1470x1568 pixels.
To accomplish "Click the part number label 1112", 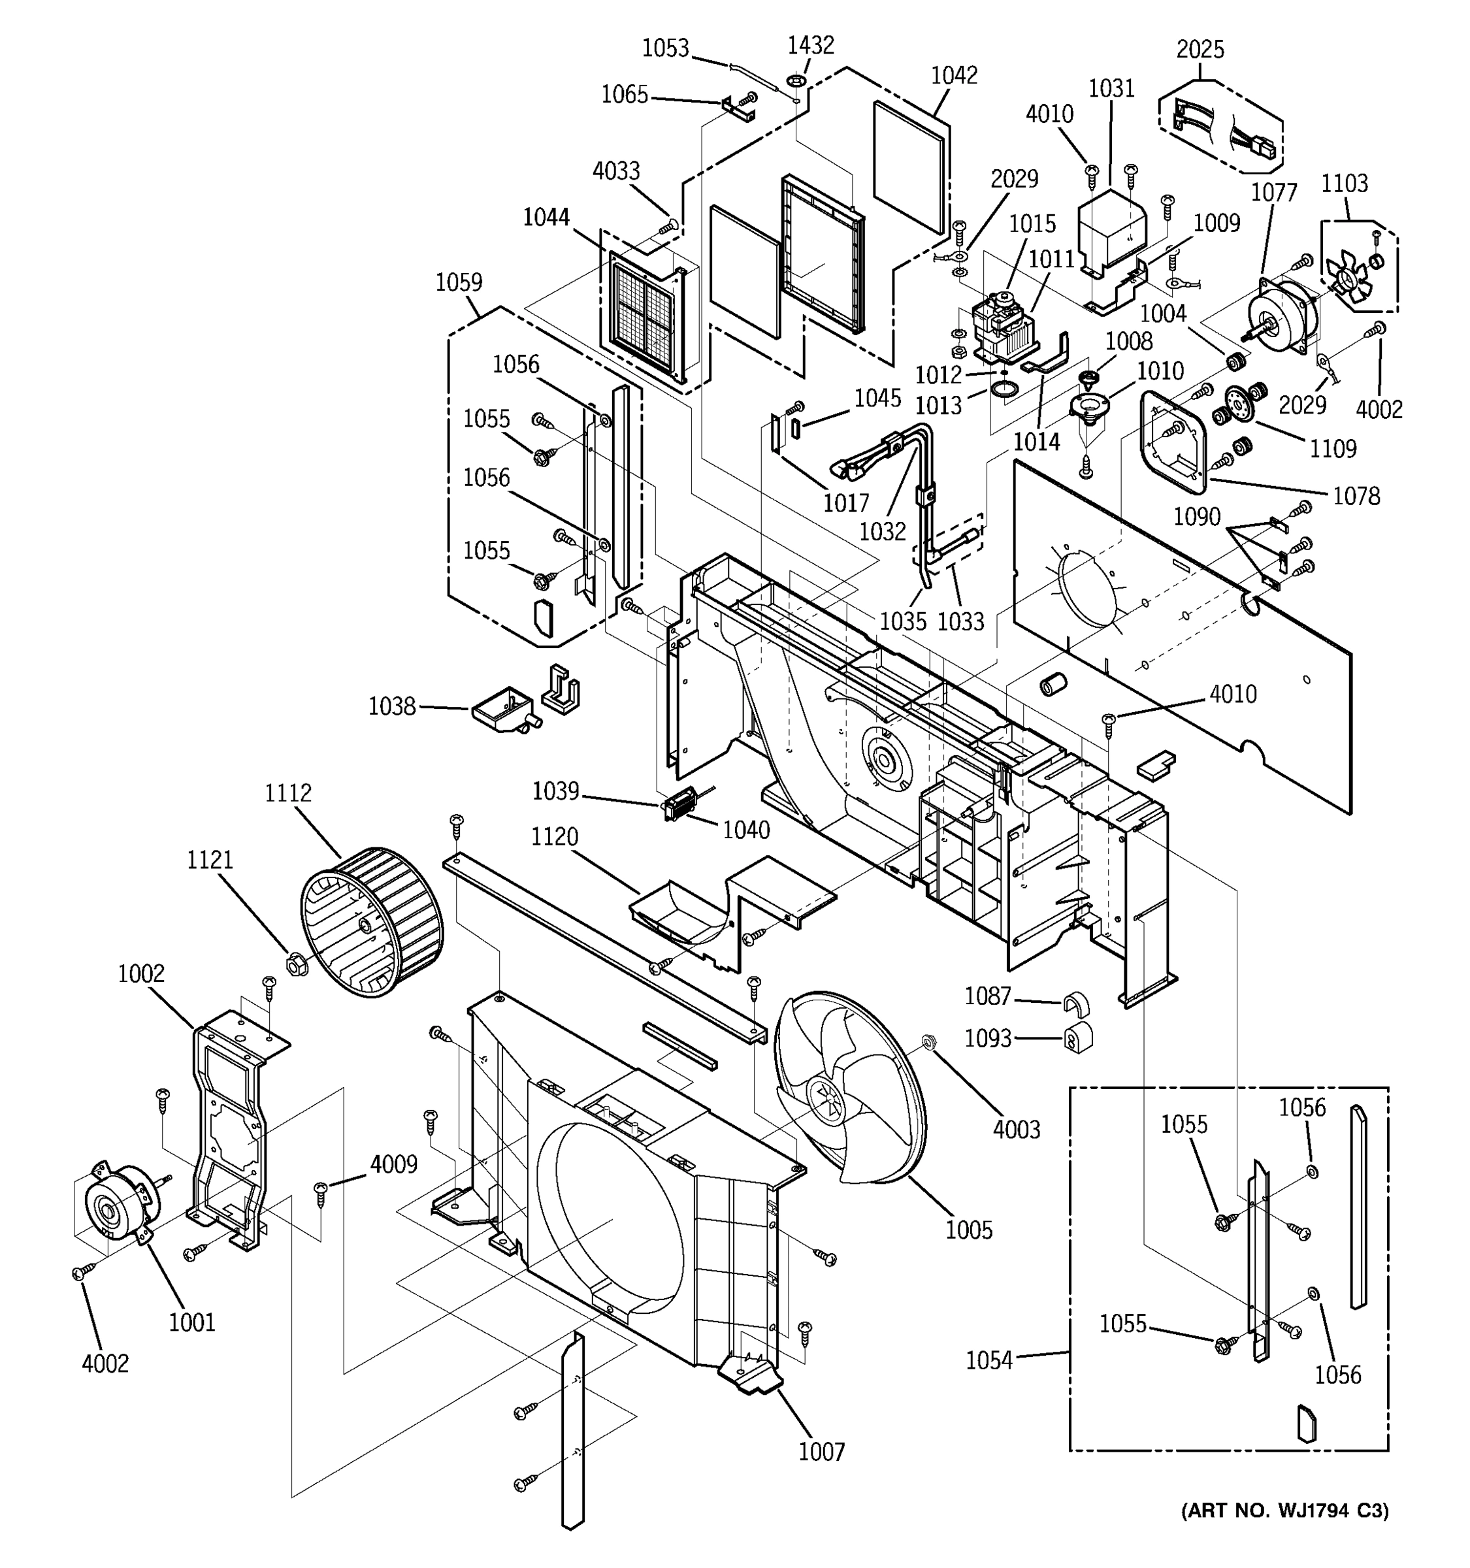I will [x=288, y=792].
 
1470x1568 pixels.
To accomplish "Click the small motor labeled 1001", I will [x=118, y=1203].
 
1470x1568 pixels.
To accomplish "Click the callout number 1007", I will [x=821, y=1451].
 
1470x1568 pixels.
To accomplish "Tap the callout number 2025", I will [x=1200, y=50].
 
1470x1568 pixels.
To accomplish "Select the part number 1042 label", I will [x=955, y=75].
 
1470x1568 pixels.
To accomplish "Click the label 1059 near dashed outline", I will [x=459, y=282].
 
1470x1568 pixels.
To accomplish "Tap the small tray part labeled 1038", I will [x=505, y=708].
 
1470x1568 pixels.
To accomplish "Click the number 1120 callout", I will [x=555, y=837].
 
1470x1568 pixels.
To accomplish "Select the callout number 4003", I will [x=1017, y=1130].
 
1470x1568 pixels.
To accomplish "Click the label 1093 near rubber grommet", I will [x=987, y=1039].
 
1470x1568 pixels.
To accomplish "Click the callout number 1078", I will [x=1356, y=496].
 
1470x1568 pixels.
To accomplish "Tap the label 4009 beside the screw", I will [x=393, y=1164].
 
